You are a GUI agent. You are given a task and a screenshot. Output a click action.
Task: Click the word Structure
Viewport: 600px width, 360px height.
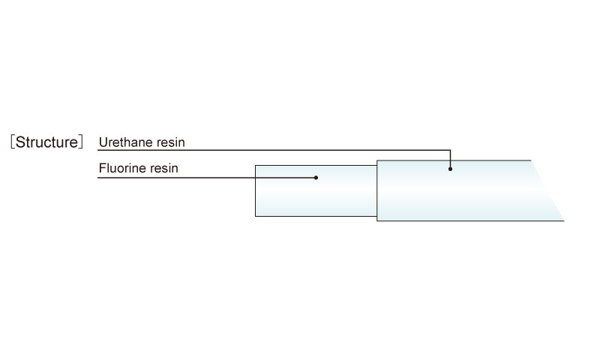click(x=46, y=142)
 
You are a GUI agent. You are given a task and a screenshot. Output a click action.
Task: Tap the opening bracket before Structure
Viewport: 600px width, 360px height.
click(x=13, y=142)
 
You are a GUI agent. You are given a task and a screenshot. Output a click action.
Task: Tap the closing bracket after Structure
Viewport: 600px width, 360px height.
click(x=80, y=142)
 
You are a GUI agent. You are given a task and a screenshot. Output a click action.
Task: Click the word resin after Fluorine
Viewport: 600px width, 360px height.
click(x=163, y=168)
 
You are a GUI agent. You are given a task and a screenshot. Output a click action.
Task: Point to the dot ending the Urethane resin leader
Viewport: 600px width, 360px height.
click(x=451, y=169)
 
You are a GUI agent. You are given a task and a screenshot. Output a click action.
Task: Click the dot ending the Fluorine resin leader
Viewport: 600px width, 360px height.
click(x=316, y=178)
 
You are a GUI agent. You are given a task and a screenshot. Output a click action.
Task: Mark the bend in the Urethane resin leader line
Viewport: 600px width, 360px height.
click(x=451, y=150)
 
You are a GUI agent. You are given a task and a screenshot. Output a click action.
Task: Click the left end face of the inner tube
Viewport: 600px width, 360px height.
click(x=255, y=190)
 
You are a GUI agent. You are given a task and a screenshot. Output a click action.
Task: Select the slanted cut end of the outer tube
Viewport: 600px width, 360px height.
click(x=547, y=190)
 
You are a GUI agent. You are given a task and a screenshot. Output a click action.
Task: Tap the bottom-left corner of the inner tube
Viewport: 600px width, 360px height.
click(x=255, y=216)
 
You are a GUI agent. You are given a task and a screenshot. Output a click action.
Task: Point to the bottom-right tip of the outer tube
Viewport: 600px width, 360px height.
click(x=564, y=220)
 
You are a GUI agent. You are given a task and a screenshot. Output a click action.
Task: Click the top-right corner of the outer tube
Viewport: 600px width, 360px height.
click(x=531, y=160)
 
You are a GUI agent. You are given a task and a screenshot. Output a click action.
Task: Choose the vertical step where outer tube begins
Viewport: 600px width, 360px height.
click(x=377, y=190)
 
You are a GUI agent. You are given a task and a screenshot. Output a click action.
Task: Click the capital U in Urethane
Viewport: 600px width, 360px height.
click(x=103, y=142)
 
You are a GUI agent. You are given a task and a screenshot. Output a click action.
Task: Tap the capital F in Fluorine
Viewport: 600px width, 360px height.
click(x=102, y=168)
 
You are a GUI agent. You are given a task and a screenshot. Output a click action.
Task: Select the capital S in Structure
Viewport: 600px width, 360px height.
click(x=20, y=142)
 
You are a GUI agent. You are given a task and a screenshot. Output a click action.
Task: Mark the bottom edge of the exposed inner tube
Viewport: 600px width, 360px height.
click(x=316, y=216)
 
